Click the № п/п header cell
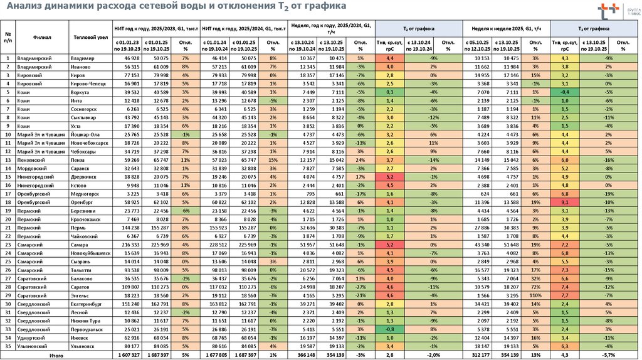coord(8,36)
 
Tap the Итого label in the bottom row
coord(56,355)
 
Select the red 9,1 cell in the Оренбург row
coord(565,203)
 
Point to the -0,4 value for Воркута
coord(565,92)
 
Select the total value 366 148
coord(306,355)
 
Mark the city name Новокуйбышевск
coord(91,253)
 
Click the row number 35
coord(8,346)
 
